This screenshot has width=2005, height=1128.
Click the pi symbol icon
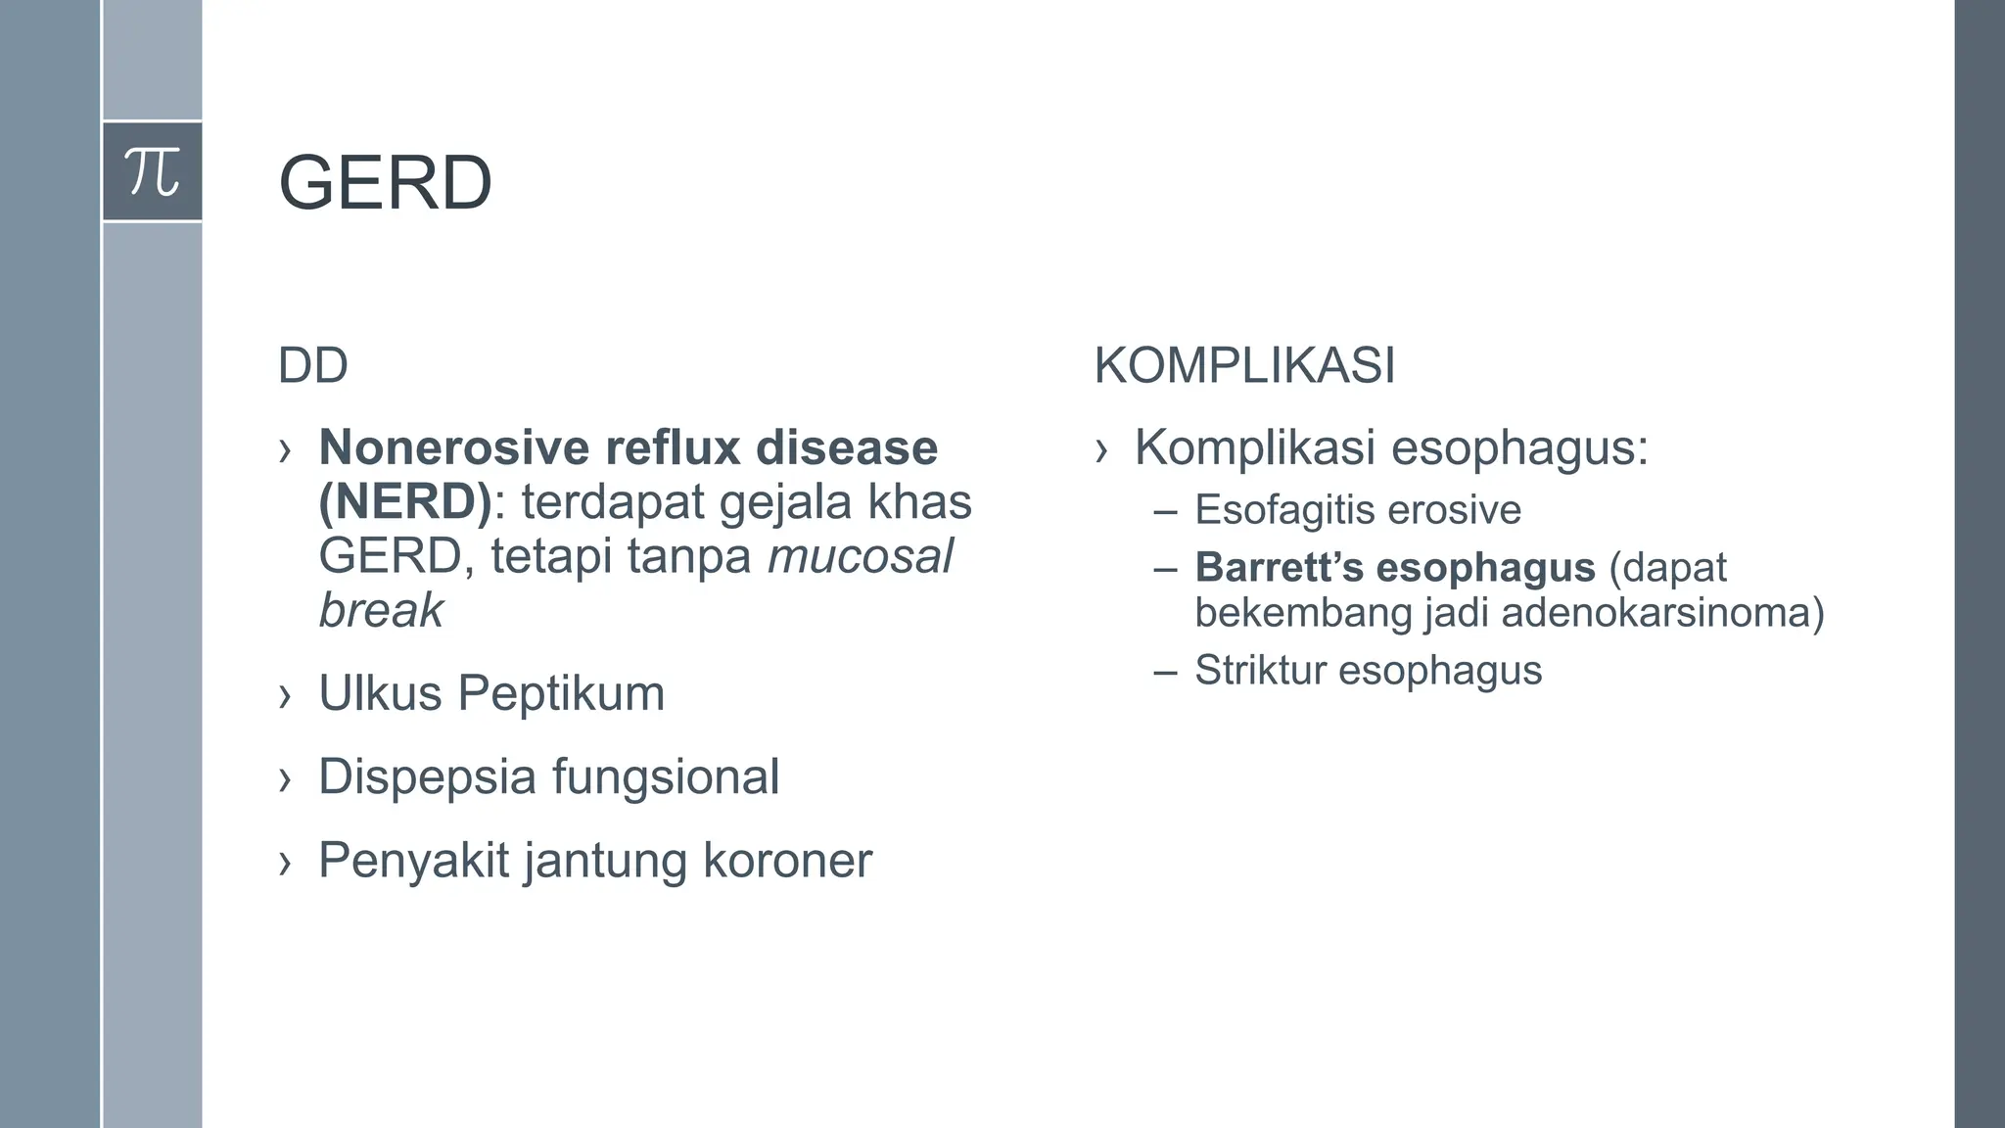click(x=153, y=171)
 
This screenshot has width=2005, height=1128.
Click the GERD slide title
click(x=385, y=183)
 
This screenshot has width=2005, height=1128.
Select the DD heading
click(x=312, y=366)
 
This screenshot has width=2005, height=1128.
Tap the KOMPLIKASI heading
click(x=1243, y=366)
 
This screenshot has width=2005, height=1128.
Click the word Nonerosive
click(x=453, y=448)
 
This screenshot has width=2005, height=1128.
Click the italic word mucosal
click(x=860, y=556)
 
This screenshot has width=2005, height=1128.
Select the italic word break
click(x=381, y=610)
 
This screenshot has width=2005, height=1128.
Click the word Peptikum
click(x=561, y=693)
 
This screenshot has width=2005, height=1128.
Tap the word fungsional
click(x=666, y=777)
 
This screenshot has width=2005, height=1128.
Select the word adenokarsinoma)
click(x=1662, y=613)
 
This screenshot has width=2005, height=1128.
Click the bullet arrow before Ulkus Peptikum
click(x=285, y=696)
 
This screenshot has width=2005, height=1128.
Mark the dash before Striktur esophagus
click(x=1165, y=673)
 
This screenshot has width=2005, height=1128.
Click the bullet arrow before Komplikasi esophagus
click(x=1101, y=450)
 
